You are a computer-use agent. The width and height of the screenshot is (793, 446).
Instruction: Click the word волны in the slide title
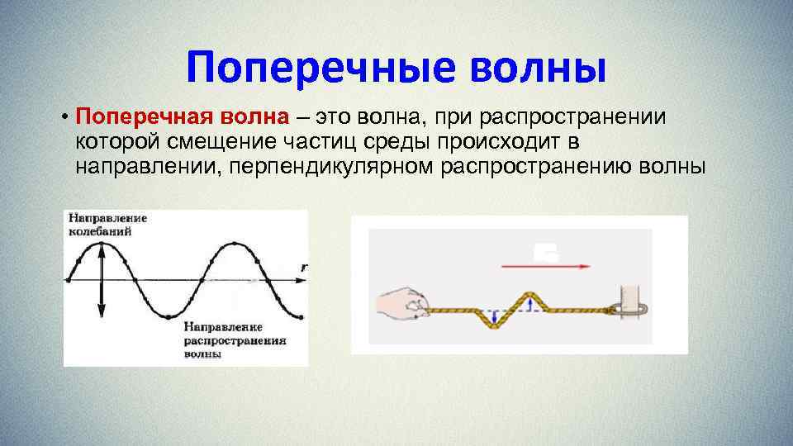(x=538, y=67)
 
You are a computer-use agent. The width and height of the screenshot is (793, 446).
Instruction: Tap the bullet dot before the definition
(x=64, y=117)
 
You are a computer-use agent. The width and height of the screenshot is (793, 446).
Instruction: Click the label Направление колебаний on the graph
(x=107, y=225)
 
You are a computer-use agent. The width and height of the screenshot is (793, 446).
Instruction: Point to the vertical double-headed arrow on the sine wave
(x=101, y=281)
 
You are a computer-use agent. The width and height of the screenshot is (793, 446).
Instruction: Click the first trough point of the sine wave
(x=169, y=316)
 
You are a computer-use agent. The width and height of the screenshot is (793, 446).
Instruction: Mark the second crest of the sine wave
(x=235, y=244)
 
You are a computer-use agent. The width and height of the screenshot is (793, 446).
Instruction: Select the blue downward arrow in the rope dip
(x=494, y=317)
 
